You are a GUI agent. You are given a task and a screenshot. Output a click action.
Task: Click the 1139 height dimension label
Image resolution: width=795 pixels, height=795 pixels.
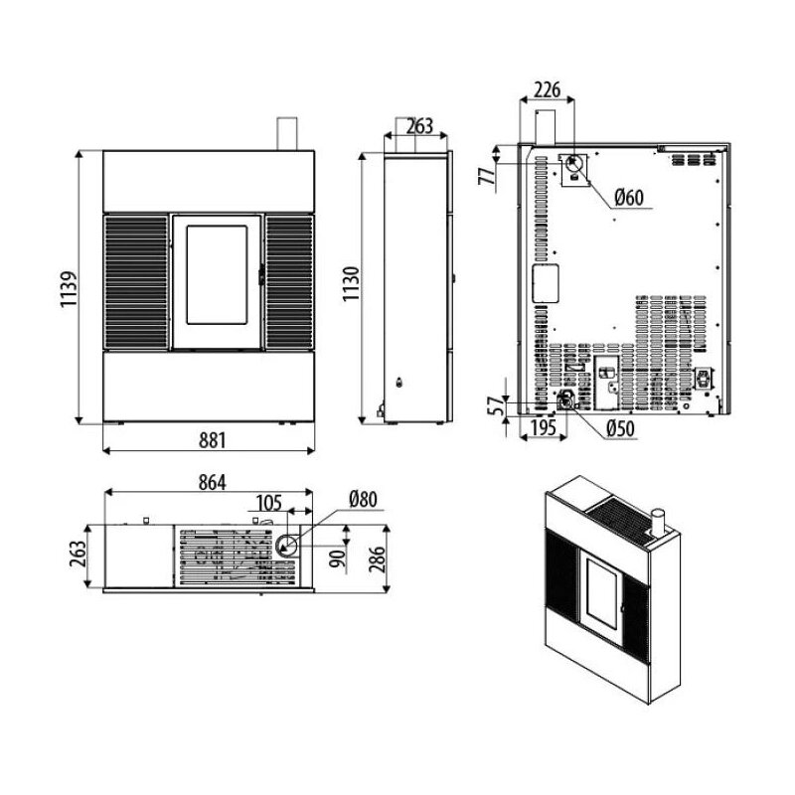click(69, 289)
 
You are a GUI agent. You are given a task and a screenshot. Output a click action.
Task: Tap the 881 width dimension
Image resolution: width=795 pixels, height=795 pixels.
click(212, 440)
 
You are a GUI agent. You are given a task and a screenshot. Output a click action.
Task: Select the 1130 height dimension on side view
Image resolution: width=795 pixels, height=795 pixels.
click(351, 284)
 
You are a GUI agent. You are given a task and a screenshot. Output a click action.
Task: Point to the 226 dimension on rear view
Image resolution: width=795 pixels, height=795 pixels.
click(548, 89)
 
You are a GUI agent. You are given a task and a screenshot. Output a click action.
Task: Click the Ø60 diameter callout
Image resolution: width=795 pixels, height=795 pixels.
click(629, 197)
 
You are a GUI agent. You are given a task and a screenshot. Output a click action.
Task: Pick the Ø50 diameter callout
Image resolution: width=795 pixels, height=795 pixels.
click(620, 428)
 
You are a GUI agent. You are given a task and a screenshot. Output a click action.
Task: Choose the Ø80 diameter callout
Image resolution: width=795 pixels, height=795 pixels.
click(363, 500)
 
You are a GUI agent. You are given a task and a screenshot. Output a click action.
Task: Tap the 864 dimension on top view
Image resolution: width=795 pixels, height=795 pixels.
click(212, 482)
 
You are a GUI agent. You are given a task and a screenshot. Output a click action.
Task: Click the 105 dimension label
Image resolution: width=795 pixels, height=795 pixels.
click(268, 503)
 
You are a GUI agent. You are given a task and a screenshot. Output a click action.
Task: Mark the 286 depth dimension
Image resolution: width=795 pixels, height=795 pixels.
click(377, 558)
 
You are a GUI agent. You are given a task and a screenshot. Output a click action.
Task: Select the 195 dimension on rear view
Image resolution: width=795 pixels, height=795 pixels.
click(544, 428)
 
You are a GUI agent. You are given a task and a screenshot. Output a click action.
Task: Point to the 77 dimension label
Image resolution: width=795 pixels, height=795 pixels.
click(486, 176)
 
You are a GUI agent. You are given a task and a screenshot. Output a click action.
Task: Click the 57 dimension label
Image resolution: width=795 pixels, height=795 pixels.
click(496, 405)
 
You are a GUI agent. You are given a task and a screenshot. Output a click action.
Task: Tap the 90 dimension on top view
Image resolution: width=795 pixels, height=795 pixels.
click(339, 558)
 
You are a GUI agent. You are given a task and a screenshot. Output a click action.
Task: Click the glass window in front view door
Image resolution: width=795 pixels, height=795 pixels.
click(217, 275)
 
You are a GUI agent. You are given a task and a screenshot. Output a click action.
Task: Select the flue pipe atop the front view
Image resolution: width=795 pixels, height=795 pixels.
click(287, 134)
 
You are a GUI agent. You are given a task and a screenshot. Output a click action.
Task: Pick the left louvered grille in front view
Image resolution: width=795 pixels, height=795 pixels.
click(136, 282)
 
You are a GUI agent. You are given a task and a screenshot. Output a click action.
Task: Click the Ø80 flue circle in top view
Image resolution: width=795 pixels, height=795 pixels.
click(286, 546)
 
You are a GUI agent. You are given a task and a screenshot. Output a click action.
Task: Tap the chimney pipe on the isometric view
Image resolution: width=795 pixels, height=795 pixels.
click(658, 524)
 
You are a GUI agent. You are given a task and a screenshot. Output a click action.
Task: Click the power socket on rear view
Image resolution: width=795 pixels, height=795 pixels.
click(704, 379)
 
